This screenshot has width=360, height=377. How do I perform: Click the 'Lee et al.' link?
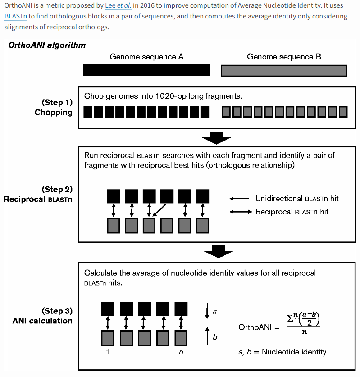pos(118,5)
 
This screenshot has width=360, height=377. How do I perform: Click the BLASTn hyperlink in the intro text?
pos(16,16)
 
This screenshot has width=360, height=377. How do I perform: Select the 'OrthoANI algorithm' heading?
pos(47,45)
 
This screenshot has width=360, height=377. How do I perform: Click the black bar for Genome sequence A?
pos(146,70)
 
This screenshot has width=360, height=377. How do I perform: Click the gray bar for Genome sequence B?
pos(284,71)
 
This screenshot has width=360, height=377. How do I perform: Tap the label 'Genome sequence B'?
pos(284,57)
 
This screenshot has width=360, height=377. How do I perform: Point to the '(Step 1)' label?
pos(57,102)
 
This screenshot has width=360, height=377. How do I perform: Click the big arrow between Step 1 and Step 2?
pos(216,138)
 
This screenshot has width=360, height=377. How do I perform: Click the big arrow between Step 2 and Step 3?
pos(219,252)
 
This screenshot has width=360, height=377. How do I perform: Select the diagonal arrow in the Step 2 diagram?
pos(159,210)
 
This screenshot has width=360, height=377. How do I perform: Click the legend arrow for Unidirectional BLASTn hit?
pos(239,199)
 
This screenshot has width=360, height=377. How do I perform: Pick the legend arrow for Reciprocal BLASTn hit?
pos(241,212)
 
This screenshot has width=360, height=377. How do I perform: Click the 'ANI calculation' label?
pos(42,321)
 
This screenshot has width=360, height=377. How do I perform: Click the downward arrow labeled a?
pos(207,311)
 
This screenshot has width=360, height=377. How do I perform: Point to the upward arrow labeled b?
pos(207,336)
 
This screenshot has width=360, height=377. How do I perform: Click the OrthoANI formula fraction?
pos(304,323)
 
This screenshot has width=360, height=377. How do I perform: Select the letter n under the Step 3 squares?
pos(181,352)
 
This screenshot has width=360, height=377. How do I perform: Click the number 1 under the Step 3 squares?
pos(108,352)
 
